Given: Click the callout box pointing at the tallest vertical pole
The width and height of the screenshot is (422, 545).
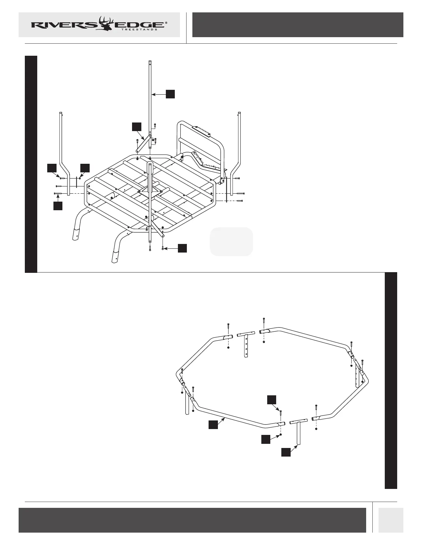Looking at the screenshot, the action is pos(170,94).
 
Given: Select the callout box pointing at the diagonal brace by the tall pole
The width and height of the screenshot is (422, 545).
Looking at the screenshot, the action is pos(137,126).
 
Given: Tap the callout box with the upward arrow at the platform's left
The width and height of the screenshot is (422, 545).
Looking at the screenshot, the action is pos(58,206).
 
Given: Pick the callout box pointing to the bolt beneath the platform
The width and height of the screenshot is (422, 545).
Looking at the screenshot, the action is pos(182,248).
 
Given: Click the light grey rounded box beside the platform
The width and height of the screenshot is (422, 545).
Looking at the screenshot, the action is pos(231,242).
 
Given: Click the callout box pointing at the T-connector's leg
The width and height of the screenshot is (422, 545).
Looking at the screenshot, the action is pos(285,452).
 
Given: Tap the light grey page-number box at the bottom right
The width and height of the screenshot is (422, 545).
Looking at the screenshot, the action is pos(391,520).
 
